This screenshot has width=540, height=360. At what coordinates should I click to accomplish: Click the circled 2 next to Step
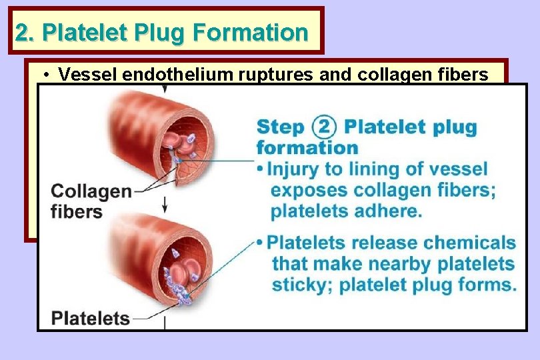pos(323,126)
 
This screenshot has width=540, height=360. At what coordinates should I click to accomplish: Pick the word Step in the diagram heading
pos(280,127)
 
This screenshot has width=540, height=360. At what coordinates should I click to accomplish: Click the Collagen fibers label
pos(91,201)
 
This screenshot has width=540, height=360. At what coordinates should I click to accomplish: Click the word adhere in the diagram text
pos(391,211)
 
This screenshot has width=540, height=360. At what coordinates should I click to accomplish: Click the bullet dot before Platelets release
pos(261,243)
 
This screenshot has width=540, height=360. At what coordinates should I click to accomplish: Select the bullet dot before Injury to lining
pos(261,169)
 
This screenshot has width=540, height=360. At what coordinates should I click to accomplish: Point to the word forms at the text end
pos(490,285)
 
